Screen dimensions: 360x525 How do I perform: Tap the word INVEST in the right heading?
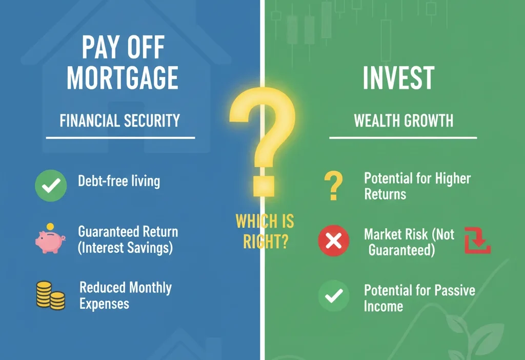click(x=398, y=78)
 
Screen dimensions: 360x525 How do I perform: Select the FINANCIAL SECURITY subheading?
click(x=120, y=121)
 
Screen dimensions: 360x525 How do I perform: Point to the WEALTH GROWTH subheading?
click(x=403, y=121)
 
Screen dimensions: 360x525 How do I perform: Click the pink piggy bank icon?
click(x=50, y=241)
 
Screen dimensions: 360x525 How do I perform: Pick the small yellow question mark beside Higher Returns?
click(x=333, y=186)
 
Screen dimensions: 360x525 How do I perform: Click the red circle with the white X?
click(x=334, y=241)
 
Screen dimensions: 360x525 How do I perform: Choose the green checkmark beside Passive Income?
click(x=334, y=296)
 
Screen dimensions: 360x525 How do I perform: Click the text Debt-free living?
click(x=119, y=181)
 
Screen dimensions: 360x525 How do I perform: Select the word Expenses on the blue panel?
click(x=105, y=304)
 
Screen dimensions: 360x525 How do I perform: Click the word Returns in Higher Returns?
click(x=385, y=194)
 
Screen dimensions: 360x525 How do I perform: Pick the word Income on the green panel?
click(x=383, y=307)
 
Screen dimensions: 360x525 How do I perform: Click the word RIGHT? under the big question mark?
click(x=265, y=241)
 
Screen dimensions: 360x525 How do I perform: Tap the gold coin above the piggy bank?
click(x=50, y=226)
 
